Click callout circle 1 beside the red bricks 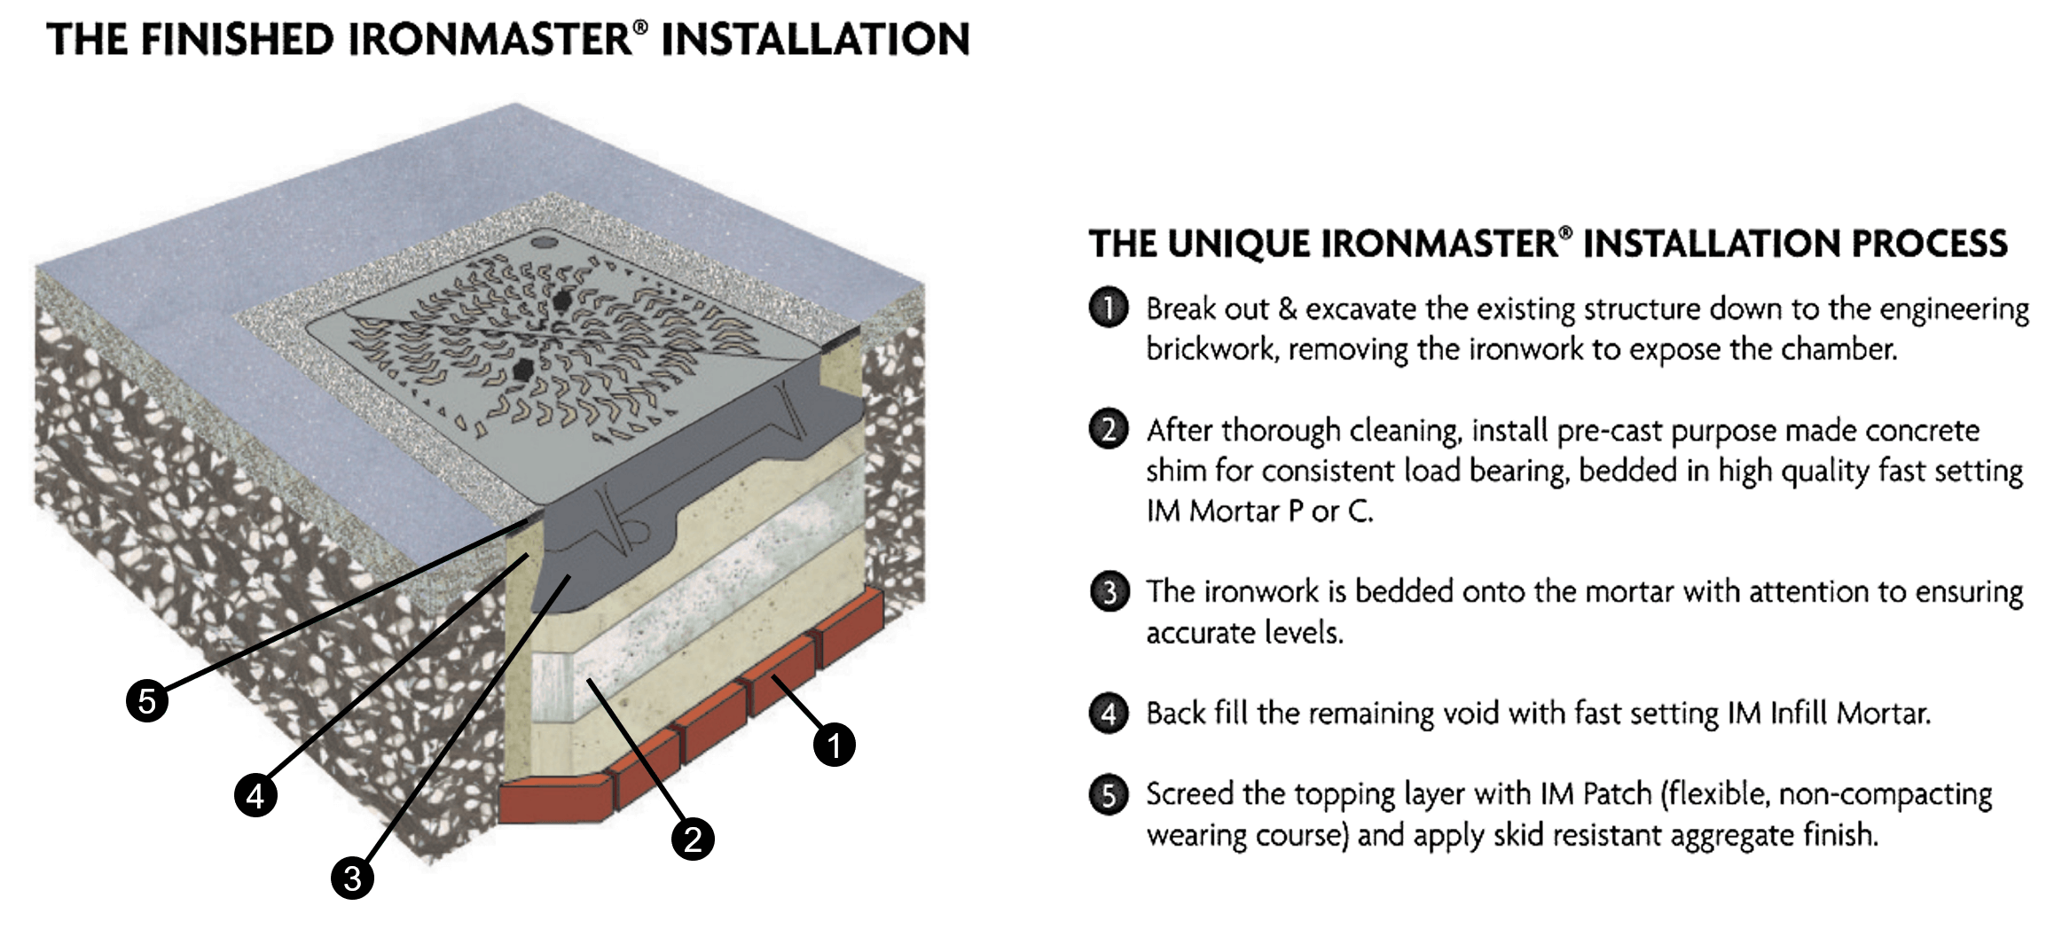pos(834,745)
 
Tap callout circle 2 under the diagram pos(693,839)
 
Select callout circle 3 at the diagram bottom pos(352,878)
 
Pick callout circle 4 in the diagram pos(255,795)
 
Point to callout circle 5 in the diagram pos(147,701)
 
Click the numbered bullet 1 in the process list pos(1109,308)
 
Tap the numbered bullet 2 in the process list pos(1109,430)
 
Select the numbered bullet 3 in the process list pos(1109,591)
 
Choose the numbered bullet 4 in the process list pos(1109,714)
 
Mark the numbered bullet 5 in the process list pos(1109,794)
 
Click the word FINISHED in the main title pos(238,40)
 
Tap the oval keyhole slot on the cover pos(544,240)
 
